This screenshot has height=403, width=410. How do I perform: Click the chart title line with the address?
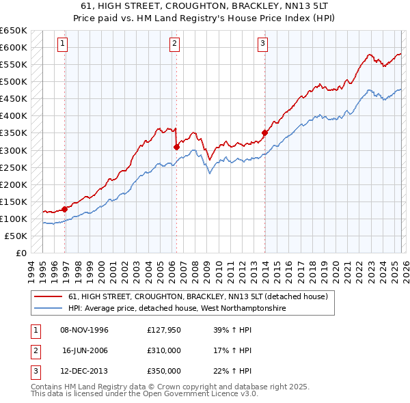(204, 5)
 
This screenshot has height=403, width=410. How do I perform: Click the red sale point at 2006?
(176, 146)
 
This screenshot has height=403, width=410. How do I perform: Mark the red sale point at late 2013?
(264, 133)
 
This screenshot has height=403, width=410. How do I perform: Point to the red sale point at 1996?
(65, 209)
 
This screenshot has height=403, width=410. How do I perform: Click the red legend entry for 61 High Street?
(198, 297)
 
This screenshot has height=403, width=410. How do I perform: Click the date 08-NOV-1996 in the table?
(85, 330)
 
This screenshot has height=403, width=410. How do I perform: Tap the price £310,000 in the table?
(164, 350)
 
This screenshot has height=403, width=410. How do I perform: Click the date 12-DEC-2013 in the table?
(85, 371)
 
